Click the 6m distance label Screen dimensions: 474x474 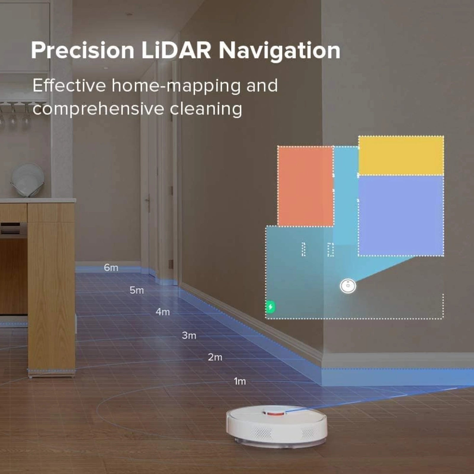tap(111, 268)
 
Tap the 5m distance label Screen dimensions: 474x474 tap(137, 290)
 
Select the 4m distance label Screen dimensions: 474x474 tap(163, 312)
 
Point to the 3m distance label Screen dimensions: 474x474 tap(189, 335)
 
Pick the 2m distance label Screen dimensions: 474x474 tap(215, 357)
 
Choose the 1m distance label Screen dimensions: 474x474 tap(240, 381)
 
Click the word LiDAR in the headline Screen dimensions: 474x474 tap(176, 50)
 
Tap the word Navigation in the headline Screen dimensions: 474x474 tap(279, 51)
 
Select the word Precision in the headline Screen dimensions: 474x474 tap(83, 50)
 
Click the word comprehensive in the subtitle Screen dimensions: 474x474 tap(98, 109)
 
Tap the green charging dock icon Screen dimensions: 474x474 tap(270, 307)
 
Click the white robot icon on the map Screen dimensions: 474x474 tap(348, 286)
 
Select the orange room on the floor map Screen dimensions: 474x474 tap(305, 186)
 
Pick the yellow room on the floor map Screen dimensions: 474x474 tap(401, 156)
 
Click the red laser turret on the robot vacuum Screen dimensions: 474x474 tap(275, 412)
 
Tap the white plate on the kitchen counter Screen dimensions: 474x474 tap(28, 180)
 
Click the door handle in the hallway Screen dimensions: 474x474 tap(147, 201)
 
